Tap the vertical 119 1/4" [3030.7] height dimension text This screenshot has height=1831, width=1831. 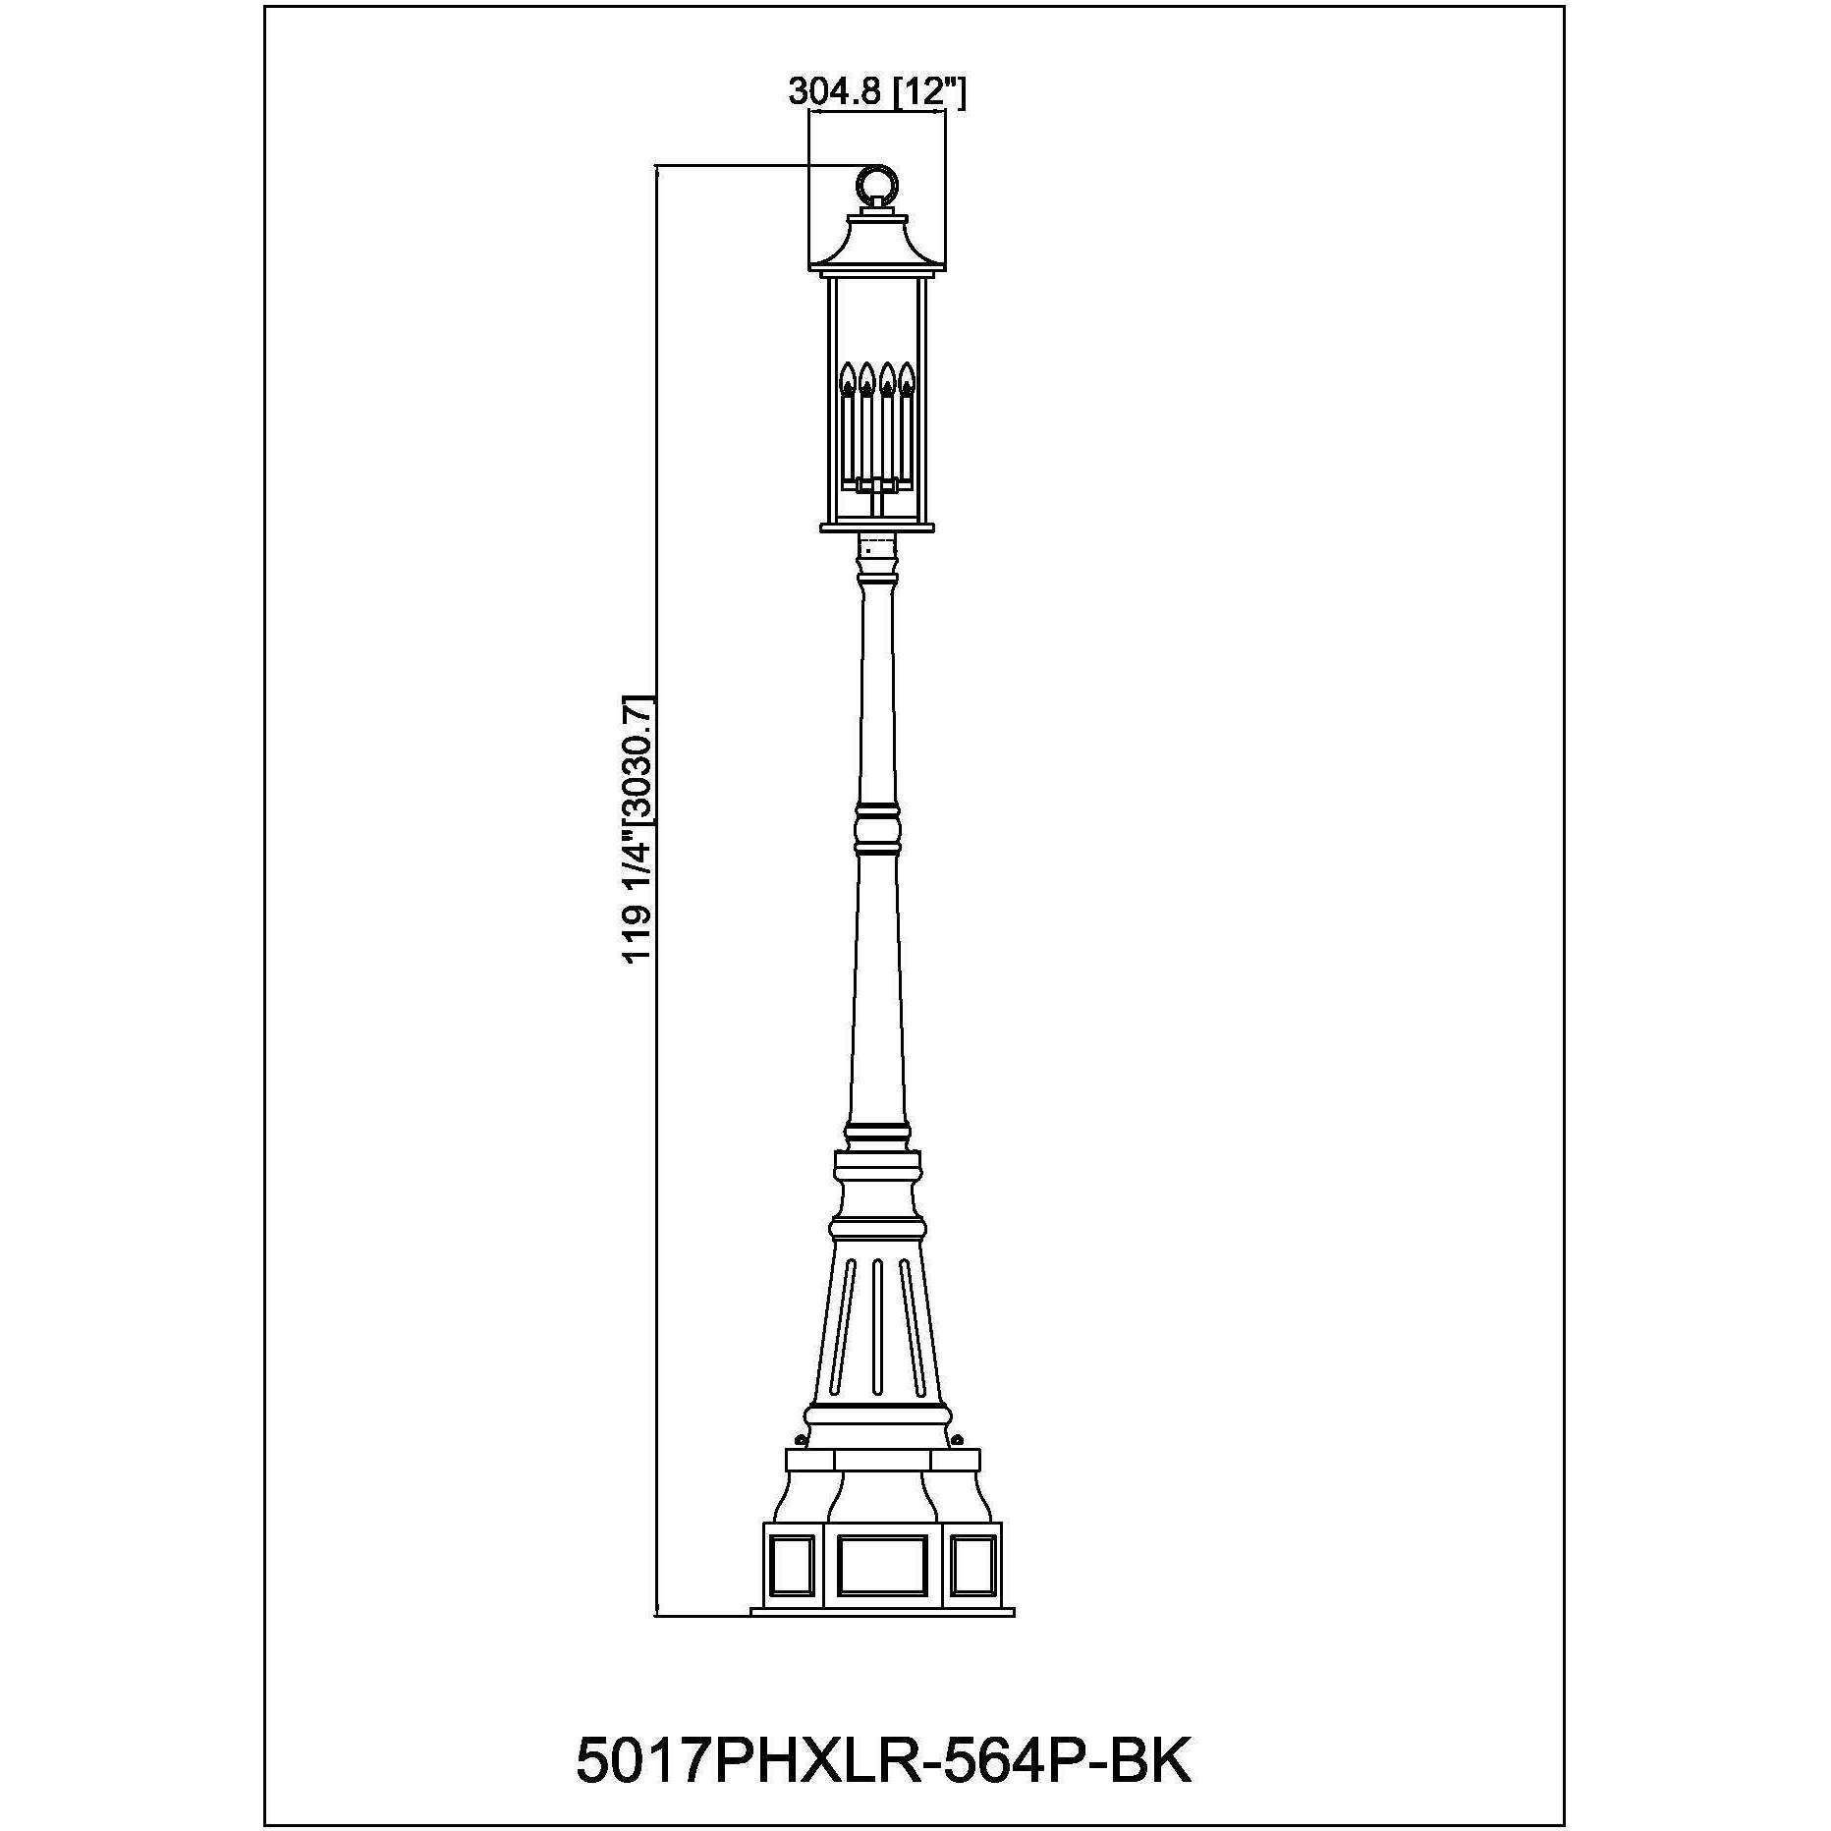[638, 829]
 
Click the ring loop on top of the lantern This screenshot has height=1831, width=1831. [877, 184]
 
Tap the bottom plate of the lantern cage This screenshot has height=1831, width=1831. [877, 527]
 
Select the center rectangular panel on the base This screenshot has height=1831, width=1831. [881, 1591]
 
